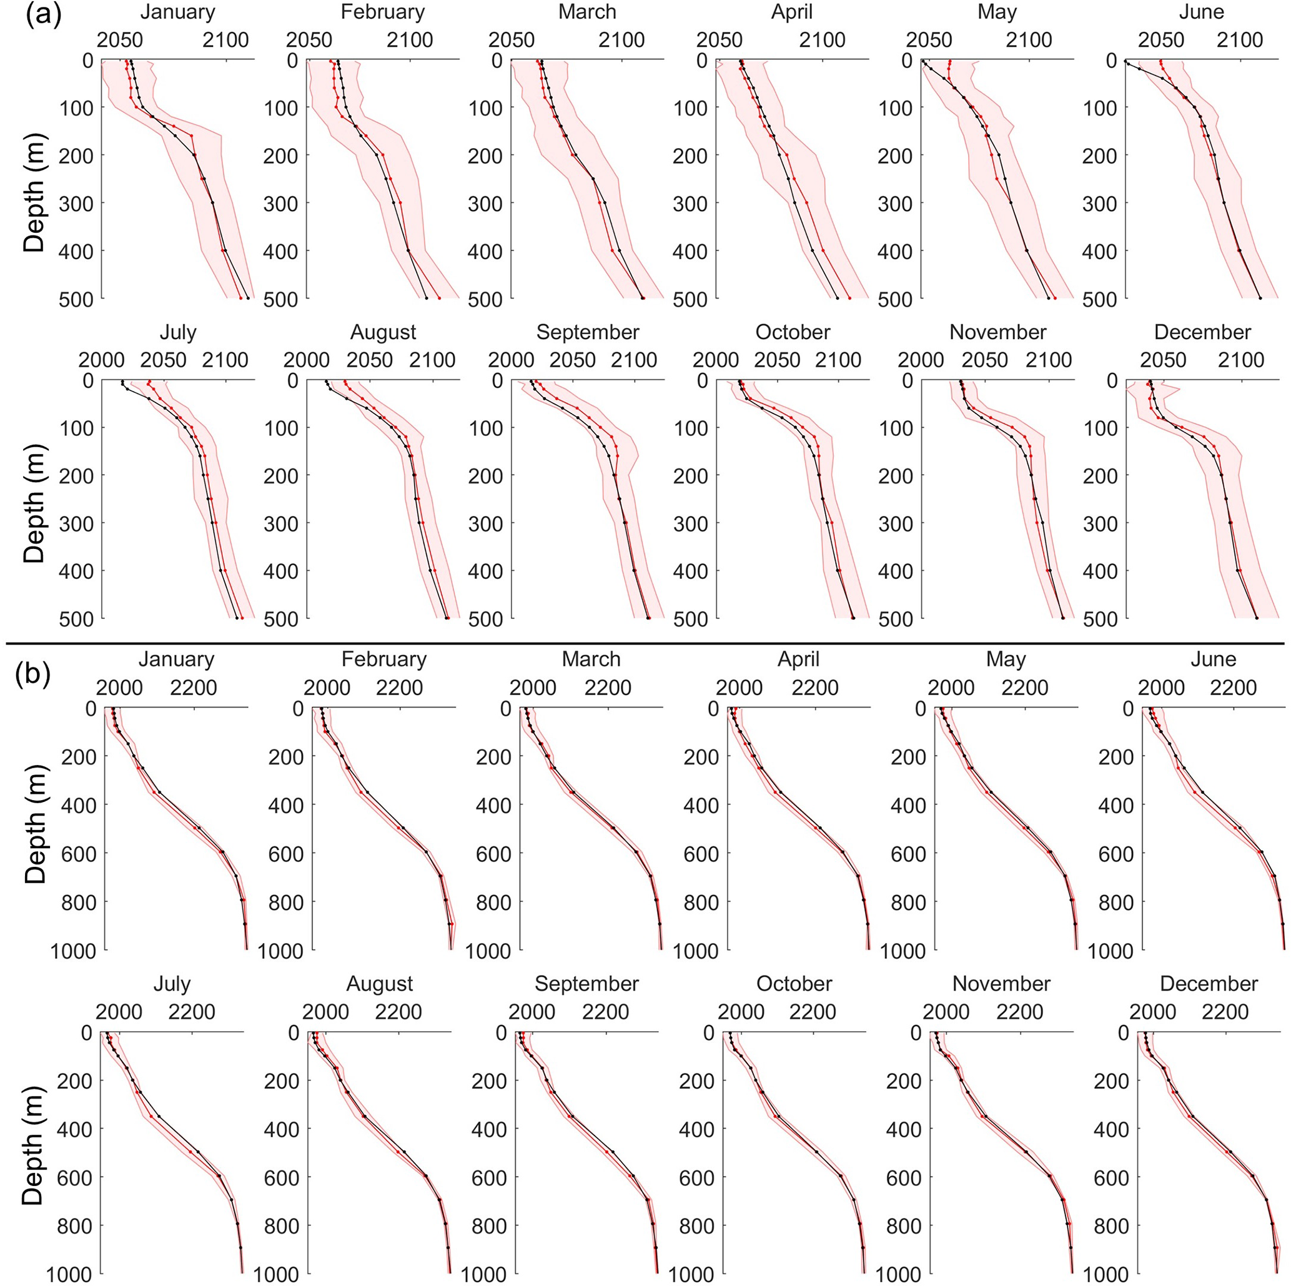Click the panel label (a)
[44, 15]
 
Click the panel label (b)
[32, 675]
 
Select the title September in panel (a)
[587, 332]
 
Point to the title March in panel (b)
[591, 660]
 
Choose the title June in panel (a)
[1202, 12]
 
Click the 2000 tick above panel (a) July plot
[102, 360]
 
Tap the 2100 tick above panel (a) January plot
[226, 40]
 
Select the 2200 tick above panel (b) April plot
[814, 688]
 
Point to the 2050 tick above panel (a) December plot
[1163, 360]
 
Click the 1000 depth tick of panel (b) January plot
[74, 950]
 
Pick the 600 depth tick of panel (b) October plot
[696, 1178]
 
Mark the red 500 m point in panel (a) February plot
[439, 298]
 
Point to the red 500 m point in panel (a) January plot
[240, 298]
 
